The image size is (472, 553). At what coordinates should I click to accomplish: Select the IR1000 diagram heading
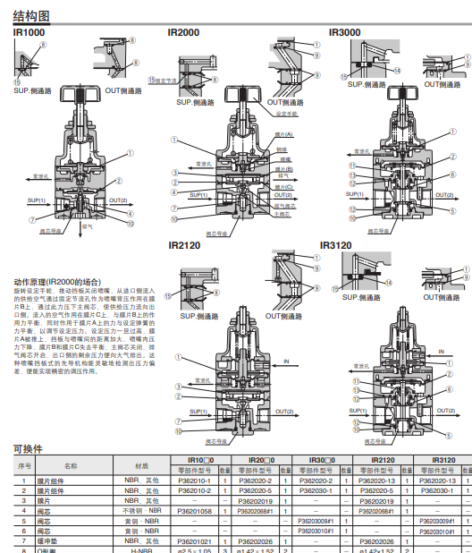click(x=29, y=33)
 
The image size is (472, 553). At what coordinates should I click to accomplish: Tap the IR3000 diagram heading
click(x=345, y=33)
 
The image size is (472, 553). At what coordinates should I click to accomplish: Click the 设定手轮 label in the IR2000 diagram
click(x=286, y=115)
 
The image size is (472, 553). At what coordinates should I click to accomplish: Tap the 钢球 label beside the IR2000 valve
click(x=281, y=149)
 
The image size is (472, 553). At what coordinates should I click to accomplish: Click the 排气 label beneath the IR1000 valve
click(x=88, y=226)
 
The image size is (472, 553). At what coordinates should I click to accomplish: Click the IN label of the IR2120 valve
click(x=287, y=362)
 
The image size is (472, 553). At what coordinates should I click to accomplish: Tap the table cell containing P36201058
click(x=195, y=511)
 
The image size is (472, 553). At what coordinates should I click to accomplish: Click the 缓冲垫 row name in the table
click(x=70, y=540)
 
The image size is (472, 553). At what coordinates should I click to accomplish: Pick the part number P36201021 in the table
click(x=195, y=540)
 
